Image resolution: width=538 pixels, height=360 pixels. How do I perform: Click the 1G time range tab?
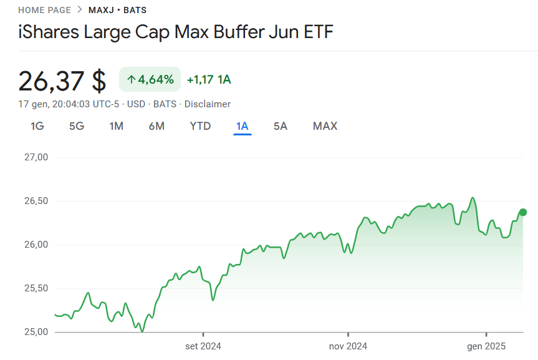coord(37,126)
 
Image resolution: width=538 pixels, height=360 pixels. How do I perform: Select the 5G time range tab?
coord(77,126)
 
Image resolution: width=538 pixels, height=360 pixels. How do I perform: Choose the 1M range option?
coord(117,126)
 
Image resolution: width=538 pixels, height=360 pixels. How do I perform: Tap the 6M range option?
coord(156,126)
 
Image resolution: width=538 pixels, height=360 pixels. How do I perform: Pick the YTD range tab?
coord(200,126)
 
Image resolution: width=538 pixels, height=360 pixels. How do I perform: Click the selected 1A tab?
coord(243,126)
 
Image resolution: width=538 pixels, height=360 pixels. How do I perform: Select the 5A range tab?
coord(281,126)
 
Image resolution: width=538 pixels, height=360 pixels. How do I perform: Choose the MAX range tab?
coord(325,126)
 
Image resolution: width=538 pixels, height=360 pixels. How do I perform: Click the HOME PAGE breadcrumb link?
coord(45,11)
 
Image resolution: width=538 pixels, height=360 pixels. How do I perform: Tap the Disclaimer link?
coord(207,104)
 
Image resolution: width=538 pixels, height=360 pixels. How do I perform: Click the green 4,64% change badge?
coord(150,79)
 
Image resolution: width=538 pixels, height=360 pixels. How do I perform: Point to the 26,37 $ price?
coord(62,81)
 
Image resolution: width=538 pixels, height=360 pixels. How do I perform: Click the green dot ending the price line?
coord(523,212)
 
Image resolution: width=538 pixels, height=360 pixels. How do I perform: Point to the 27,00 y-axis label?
coord(36,157)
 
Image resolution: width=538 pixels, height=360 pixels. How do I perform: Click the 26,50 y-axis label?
coord(36,201)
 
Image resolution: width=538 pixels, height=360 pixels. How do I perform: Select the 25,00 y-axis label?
coord(36,332)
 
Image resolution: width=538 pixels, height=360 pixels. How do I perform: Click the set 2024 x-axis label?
coord(203,346)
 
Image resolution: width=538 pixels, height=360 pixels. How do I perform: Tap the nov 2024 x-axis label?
coord(348,346)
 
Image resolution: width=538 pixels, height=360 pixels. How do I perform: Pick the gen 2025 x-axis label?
coord(486,346)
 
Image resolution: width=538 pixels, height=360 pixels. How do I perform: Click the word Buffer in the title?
coord(239,32)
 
